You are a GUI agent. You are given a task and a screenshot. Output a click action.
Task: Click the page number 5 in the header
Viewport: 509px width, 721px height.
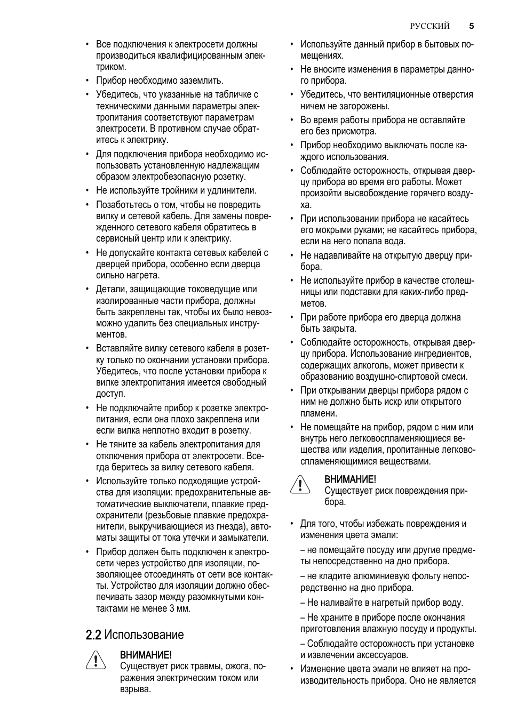[x=472, y=26]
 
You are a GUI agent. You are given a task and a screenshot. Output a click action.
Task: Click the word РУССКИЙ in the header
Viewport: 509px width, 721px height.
[x=430, y=26]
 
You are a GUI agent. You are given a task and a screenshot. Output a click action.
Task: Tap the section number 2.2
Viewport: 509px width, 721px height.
[x=93, y=635]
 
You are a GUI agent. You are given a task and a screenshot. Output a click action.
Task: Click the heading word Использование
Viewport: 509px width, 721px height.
[x=144, y=635]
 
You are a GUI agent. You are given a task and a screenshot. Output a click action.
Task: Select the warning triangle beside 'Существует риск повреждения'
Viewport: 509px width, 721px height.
[x=300, y=485]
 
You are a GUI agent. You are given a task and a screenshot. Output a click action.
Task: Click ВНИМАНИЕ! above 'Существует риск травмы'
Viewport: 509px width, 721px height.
[x=146, y=654]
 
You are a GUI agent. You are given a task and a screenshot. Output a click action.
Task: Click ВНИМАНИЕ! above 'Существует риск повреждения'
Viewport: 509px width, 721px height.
[x=350, y=479]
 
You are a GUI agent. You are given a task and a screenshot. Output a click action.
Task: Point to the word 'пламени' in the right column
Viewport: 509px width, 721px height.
[x=319, y=413]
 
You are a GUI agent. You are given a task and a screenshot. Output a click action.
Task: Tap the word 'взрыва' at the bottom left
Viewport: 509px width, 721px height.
[x=136, y=689]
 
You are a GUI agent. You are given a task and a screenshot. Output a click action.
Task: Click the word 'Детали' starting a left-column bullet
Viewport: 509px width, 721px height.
[x=109, y=289]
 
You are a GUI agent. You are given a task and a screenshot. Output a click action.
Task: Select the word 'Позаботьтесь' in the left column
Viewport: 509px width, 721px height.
[x=125, y=205]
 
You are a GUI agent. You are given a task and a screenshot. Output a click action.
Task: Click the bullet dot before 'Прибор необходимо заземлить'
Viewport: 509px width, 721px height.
[x=88, y=81]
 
